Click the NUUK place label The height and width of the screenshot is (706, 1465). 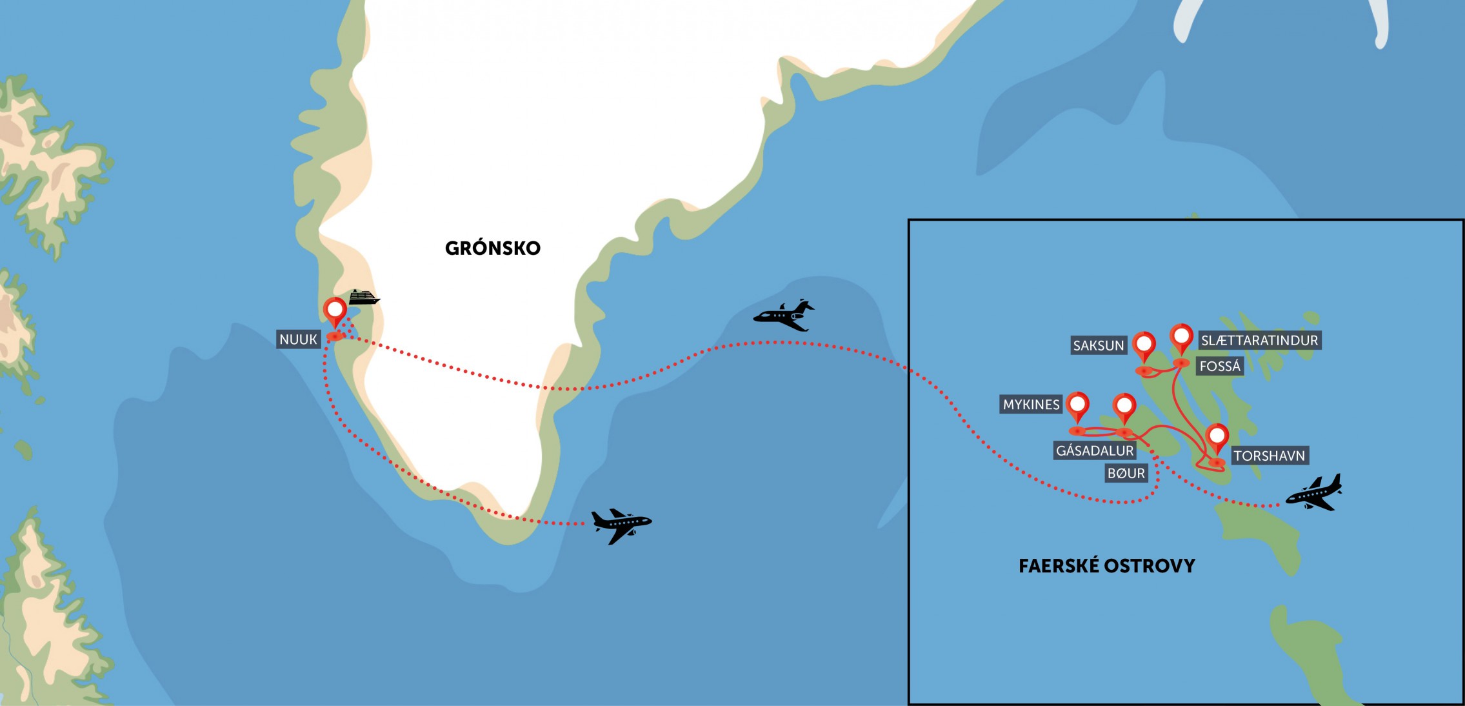(x=298, y=339)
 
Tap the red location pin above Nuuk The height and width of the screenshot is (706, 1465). (x=335, y=310)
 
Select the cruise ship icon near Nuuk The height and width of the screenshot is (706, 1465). (x=364, y=298)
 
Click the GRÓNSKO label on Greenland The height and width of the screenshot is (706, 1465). (x=493, y=248)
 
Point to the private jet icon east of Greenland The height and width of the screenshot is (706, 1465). (x=784, y=315)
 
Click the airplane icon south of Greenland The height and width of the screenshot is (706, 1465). (x=621, y=525)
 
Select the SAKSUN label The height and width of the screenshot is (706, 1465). (x=1098, y=345)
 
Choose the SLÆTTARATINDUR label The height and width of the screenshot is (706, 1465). (x=1259, y=340)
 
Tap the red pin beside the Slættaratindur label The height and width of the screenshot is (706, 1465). (x=1181, y=337)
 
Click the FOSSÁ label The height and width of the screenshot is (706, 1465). (x=1220, y=367)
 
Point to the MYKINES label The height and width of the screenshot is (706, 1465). (x=1031, y=405)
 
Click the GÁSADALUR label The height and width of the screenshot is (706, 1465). (x=1094, y=450)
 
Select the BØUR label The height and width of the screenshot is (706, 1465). (x=1126, y=474)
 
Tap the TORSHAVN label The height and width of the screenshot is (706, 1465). (x=1269, y=456)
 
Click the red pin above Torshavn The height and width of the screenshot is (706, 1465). (x=1217, y=437)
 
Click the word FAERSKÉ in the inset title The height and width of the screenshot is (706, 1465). (x=1059, y=567)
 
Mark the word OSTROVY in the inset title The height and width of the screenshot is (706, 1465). (x=1150, y=567)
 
